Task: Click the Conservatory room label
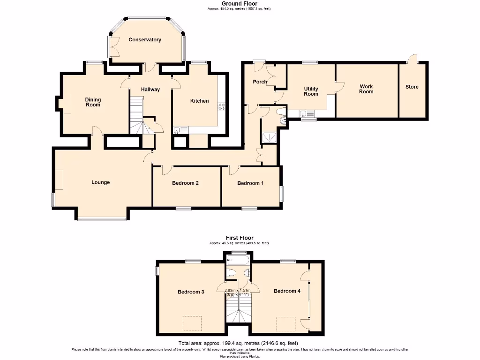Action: click(145, 40)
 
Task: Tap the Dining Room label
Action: click(93, 102)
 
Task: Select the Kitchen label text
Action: click(199, 101)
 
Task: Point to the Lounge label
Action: click(100, 182)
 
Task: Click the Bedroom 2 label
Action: click(185, 183)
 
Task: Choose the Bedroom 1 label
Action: click(250, 183)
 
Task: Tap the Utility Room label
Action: click(311, 91)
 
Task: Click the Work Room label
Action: click(366, 89)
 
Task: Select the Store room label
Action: click(412, 87)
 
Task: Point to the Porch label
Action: click(260, 82)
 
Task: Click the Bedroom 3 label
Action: click(191, 292)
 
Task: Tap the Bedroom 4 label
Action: click(287, 291)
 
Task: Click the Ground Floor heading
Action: click(240, 4)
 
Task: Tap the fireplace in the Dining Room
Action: click(67, 103)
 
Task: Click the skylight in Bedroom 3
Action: click(191, 323)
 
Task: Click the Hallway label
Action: click(150, 90)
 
